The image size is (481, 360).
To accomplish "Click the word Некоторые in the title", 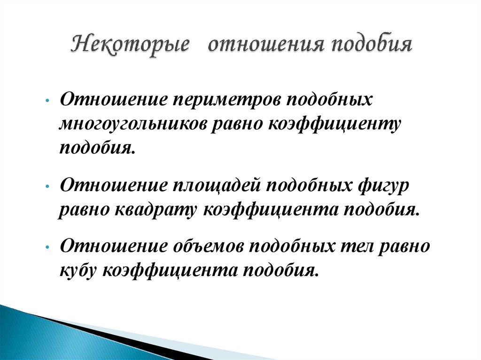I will coord(131,46).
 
